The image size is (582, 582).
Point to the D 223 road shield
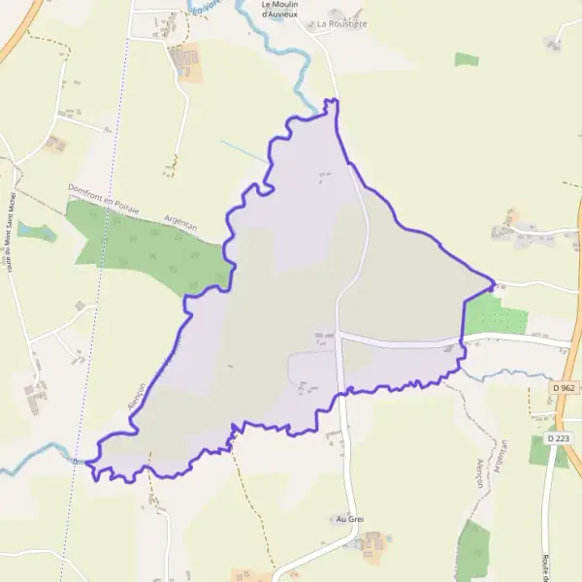[x=558, y=438]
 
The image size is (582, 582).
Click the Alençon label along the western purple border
[x=135, y=393]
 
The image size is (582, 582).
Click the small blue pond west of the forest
[x=36, y=232]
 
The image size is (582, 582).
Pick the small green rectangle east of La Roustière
[x=467, y=59]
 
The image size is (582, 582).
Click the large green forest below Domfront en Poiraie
[x=145, y=247]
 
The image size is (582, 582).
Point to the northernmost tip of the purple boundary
[x=331, y=100]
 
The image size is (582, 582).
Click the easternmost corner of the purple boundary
[x=495, y=284]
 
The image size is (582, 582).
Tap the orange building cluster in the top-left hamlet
[x=186, y=62]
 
